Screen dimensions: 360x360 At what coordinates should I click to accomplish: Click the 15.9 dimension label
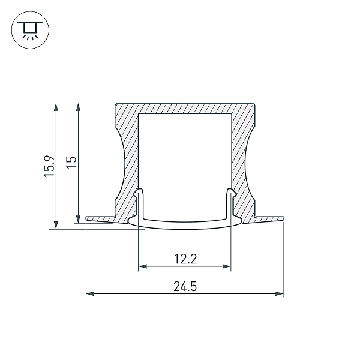(x=50, y=166)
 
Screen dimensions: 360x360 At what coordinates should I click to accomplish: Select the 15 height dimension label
(x=71, y=163)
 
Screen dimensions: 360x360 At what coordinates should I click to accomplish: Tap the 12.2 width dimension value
(x=185, y=259)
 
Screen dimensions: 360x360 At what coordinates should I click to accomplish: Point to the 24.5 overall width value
(x=185, y=287)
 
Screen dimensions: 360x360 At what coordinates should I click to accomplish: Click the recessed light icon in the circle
(x=30, y=30)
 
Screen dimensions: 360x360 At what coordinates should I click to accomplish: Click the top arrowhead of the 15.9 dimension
(x=56, y=107)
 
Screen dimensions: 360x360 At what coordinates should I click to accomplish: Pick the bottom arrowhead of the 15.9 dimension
(x=56, y=225)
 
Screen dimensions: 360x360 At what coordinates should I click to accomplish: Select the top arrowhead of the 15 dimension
(x=78, y=107)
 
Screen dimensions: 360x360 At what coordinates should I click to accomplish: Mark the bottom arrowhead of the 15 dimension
(x=78, y=219)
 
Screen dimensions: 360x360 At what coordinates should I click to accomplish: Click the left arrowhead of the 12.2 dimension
(x=143, y=266)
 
